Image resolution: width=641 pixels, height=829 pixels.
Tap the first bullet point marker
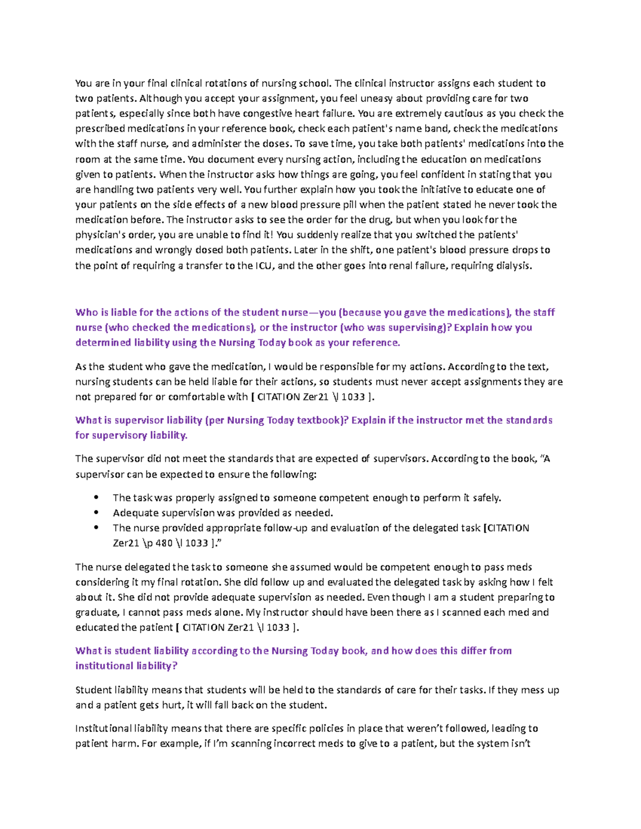pos(97,498)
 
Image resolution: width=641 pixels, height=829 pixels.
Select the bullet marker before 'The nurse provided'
pos(97,528)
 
